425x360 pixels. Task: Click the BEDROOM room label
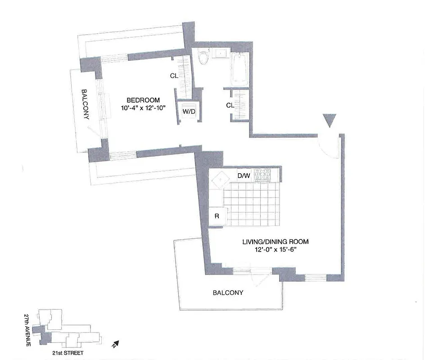143,100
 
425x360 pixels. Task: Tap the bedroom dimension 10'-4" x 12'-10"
143,108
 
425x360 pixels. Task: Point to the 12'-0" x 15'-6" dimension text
276,250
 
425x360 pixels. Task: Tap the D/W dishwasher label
243,175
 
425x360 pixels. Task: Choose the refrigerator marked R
217,216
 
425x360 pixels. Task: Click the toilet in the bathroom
204,57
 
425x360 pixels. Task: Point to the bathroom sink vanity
221,54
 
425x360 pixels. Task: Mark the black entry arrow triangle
330,120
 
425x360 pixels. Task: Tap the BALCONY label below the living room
228,293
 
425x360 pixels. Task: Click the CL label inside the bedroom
174,76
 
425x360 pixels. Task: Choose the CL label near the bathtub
230,105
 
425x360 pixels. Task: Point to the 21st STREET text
68,354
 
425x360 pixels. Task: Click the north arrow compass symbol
115,345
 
